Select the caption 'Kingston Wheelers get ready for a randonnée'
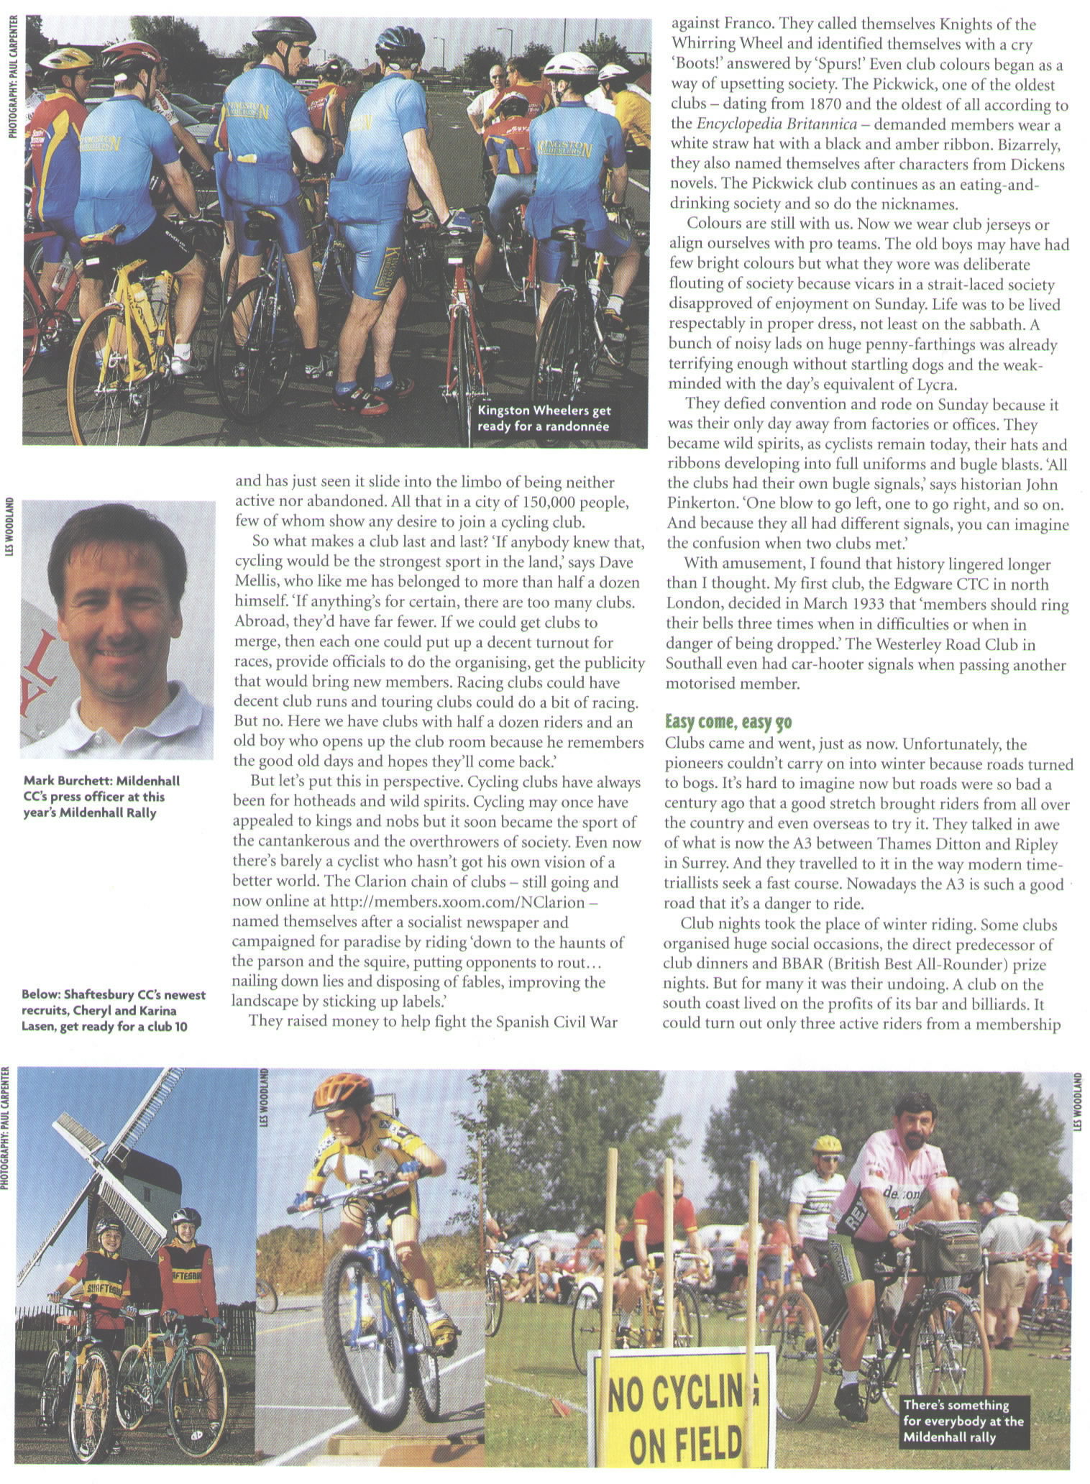(544, 418)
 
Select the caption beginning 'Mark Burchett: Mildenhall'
(101, 796)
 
